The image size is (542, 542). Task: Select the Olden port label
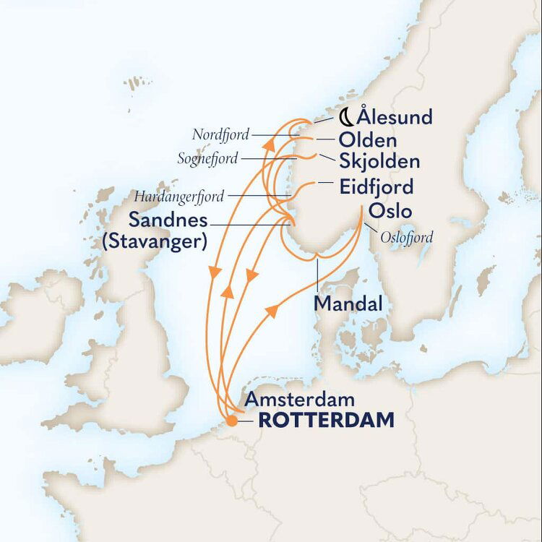(366, 139)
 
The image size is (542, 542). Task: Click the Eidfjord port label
(377, 188)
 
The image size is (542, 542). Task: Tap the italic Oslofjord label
(406, 236)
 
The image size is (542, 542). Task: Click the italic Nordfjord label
(221, 134)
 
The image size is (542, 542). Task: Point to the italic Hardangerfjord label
(180, 196)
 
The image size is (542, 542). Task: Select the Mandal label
(348, 304)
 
